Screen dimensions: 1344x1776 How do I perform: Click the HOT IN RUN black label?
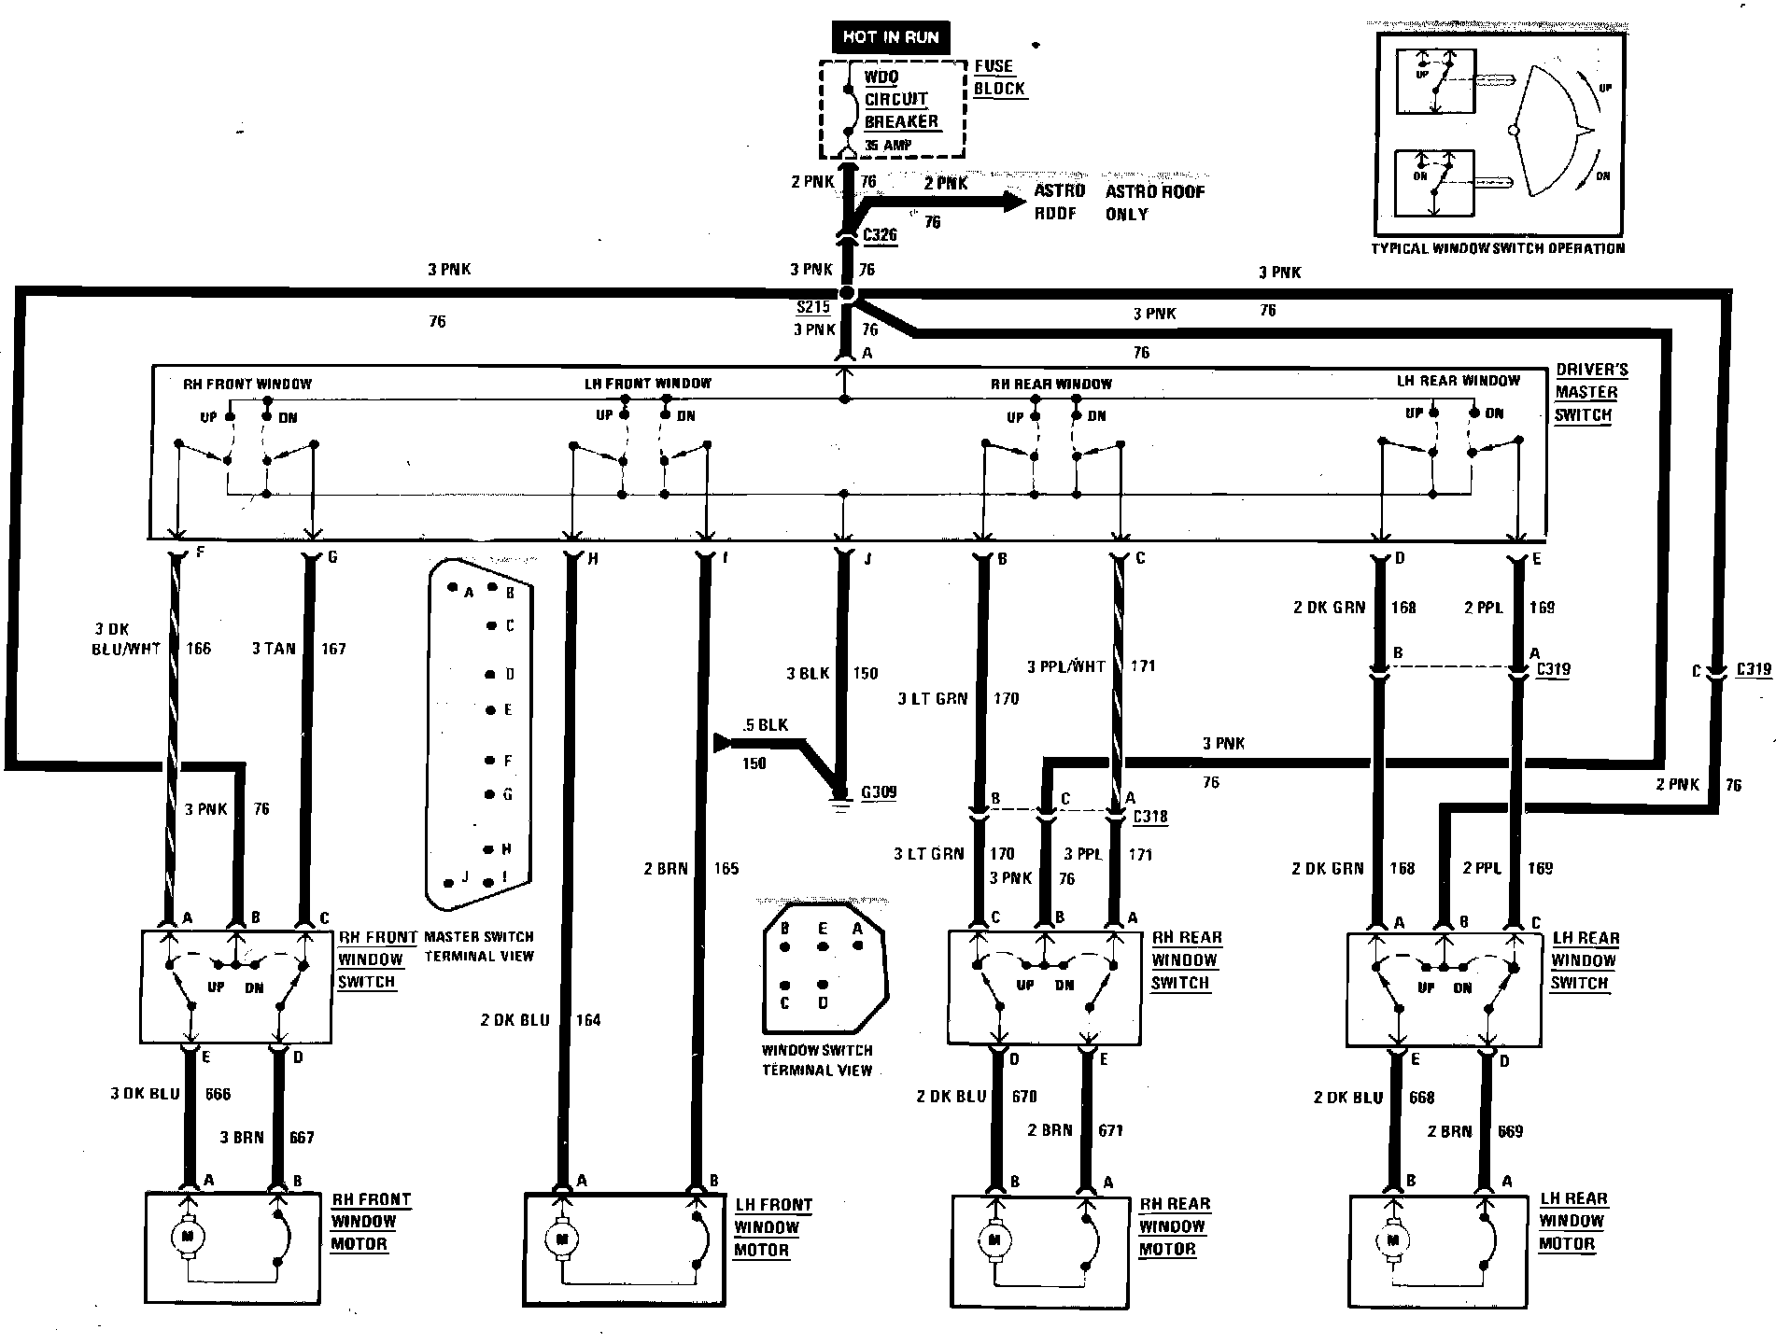pos(891,37)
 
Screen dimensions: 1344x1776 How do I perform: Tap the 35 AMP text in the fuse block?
pos(888,146)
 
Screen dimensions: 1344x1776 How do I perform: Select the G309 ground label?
pos(879,792)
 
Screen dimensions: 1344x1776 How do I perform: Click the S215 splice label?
pos(812,307)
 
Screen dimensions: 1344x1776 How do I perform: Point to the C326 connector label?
pos(880,234)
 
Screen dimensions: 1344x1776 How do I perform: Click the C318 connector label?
pos(1149,817)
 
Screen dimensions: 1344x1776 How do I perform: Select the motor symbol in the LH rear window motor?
pos(1393,1240)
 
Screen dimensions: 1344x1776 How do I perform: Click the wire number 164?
pos(588,1019)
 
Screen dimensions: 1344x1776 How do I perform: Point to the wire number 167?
pos(333,649)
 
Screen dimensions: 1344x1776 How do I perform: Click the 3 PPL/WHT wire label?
pos(1065,666)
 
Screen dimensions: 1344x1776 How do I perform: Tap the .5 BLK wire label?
pos(765,724)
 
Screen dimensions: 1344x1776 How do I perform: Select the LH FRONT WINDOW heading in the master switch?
pos(648,383)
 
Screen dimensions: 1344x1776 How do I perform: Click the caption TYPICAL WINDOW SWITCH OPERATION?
pos(1498,248)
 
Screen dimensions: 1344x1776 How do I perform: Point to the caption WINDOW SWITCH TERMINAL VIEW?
pos(817,1059)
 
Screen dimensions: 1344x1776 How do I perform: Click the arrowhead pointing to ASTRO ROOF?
pos(1015,202)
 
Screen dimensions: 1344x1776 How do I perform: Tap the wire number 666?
pos(218,1094)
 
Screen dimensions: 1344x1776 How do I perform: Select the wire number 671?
pos(1110,1130)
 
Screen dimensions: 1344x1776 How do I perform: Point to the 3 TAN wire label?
pos(273,649)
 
